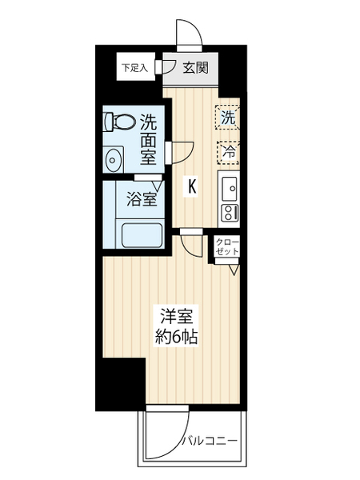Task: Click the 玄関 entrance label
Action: pos(196,68)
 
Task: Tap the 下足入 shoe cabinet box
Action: pos(136,67)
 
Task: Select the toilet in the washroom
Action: pos(120,121)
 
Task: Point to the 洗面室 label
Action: pos(148,139)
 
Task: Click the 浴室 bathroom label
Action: pos(142,199)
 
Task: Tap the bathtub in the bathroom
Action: pos(142,235)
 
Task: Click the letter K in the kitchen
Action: pos(192,186)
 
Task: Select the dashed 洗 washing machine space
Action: pos(227,118)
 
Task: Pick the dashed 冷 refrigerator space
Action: pos(228,153)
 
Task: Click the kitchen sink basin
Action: pos(229,188)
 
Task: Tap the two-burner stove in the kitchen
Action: pos(230,213)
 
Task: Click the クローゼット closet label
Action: pos(227,246)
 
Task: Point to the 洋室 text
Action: pos(177,317)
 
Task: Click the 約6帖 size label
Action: pos(176,337)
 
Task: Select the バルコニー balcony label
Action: pos(210,441)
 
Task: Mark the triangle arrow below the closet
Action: pos(234,270)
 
